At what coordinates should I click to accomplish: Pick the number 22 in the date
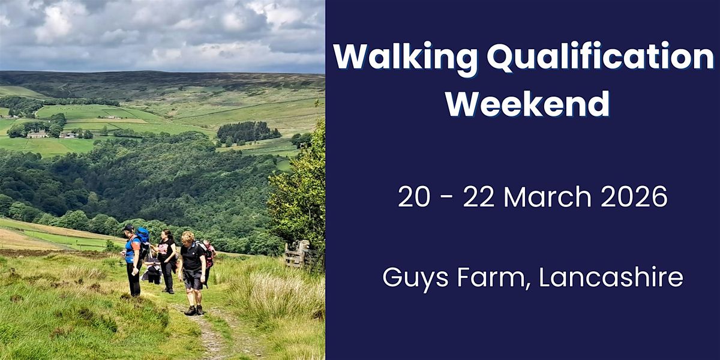(x=477, y=197)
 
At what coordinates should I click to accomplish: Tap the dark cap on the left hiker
(x=129, y=229)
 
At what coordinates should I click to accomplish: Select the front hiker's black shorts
(x=193, y=278)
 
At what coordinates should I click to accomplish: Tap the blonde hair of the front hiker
(x=188, y=236)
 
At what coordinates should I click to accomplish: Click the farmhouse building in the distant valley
(x=37, y=134)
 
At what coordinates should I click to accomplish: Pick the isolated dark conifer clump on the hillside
(x=248, y=133)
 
